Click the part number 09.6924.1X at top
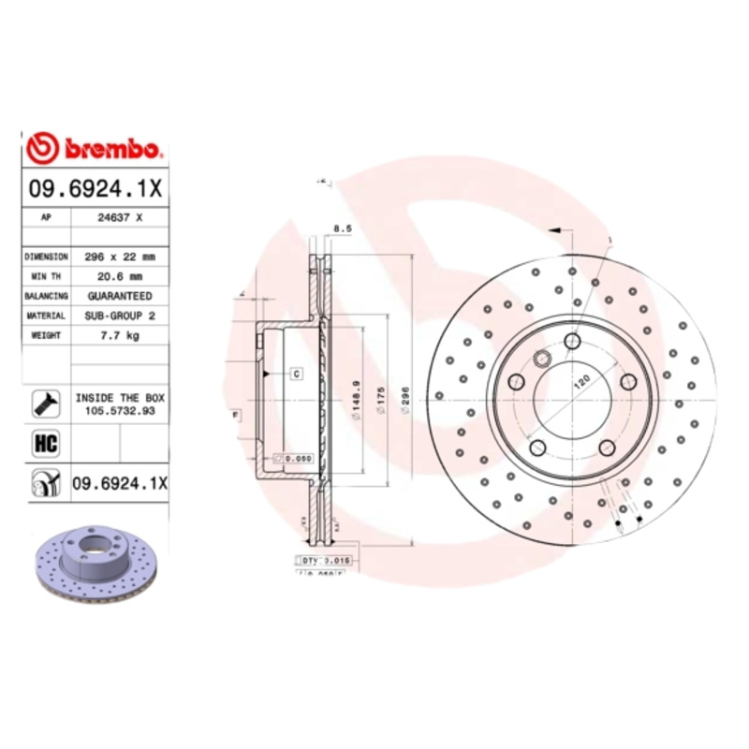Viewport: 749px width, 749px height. (94, 187)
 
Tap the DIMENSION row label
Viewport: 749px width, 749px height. (46, 256)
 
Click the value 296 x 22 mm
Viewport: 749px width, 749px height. (120, 256)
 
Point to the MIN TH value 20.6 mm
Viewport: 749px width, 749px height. (120, 276)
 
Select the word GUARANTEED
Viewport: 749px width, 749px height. (120, 296)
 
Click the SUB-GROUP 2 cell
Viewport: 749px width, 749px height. (120, 316)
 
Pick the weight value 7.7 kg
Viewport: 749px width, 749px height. (120, 335)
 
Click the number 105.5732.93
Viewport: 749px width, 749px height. (120, 410)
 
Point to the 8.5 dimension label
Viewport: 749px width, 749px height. (343, 228)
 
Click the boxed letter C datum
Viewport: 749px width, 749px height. (296, 374)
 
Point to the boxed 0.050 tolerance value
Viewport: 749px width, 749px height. (297, 458)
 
